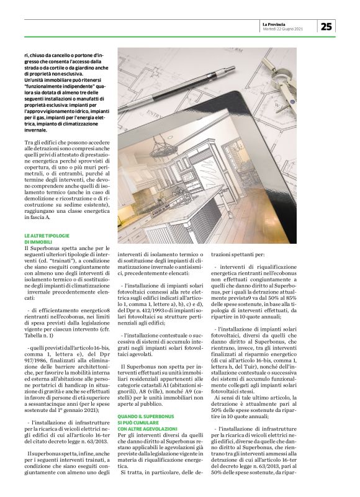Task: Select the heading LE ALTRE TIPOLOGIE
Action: click(x=47, y=236)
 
